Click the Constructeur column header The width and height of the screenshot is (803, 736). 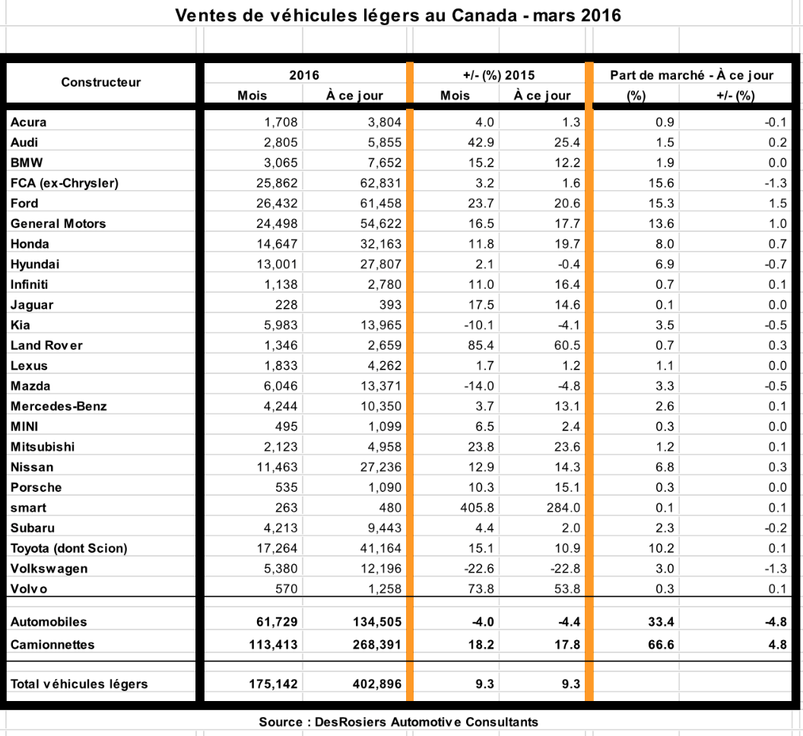point(100,82)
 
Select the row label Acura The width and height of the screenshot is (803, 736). point(29,122)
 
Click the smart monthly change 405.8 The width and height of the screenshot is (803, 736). point(478,507)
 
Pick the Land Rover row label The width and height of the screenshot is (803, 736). point(46,345)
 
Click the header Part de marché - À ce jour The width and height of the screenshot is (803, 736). point(691,75)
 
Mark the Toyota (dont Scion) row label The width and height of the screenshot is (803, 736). point(68,548)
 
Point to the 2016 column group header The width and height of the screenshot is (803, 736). point(304,75)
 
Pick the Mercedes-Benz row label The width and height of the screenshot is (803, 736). point(59,406)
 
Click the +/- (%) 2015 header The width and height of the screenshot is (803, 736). point(499,75)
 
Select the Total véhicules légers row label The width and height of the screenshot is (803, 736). point(79,684)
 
